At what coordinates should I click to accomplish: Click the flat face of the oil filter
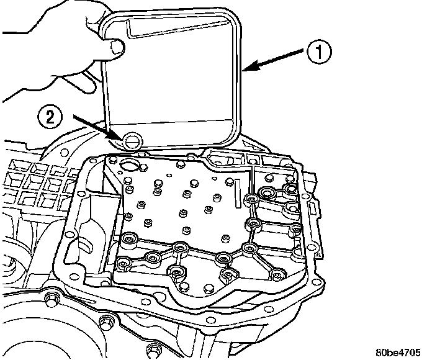174,81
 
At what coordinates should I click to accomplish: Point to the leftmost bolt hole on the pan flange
69,236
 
